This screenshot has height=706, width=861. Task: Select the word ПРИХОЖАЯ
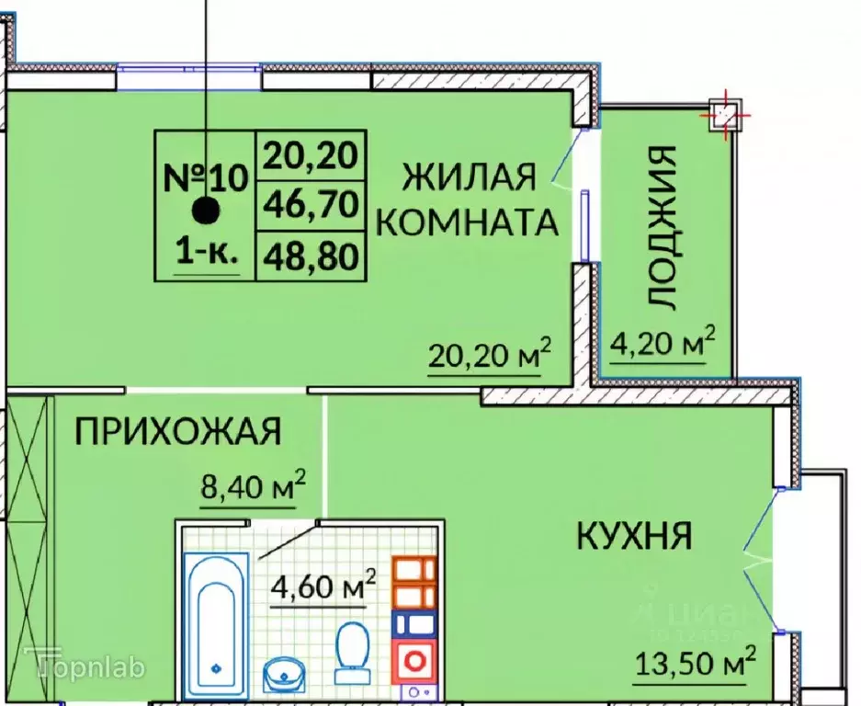point(176,431)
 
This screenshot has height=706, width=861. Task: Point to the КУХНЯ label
point(634,535)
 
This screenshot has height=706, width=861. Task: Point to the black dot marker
point(206,211)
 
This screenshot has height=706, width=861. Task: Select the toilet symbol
point(350,652)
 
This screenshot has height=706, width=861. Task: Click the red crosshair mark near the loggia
point(727,115)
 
